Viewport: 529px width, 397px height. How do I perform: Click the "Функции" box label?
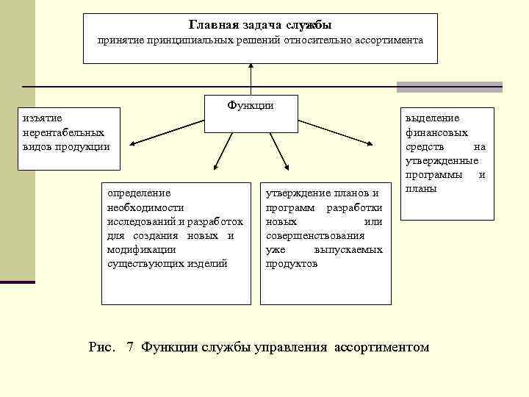click(251, 105)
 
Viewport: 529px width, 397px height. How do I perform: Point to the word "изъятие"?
click(43, 118)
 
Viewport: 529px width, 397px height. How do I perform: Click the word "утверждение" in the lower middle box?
click(296, 193)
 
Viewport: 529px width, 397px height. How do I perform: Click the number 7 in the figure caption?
click(129, 346)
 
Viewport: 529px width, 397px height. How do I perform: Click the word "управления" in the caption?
click(292, 346)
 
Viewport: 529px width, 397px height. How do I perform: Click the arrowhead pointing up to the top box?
click(251, 67)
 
